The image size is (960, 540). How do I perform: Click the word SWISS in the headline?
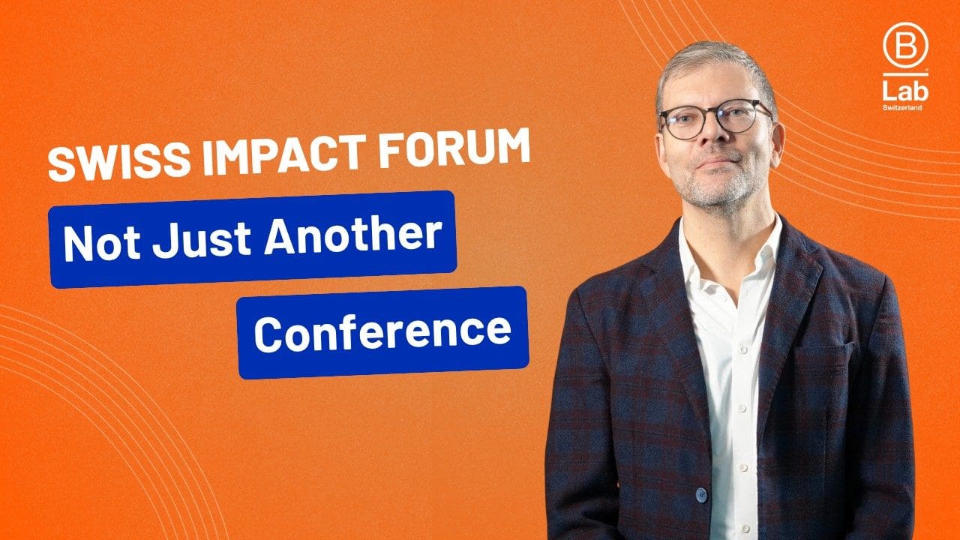point(118,162)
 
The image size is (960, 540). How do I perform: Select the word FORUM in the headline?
point(454,147)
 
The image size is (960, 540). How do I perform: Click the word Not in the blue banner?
point(101,244)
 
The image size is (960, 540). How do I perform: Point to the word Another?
point(352,235)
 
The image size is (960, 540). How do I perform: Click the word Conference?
point(382,333)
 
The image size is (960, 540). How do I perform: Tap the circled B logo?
point(905,46)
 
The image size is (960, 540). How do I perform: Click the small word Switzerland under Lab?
point(902,107)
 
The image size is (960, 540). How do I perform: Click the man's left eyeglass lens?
point(740,115)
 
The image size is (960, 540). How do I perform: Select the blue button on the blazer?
point(701,495)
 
